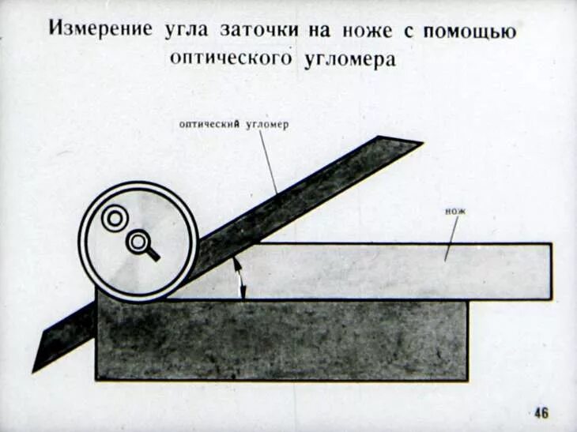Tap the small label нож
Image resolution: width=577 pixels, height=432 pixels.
pos(456,212)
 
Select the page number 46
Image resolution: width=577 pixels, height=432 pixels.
pos(541,412)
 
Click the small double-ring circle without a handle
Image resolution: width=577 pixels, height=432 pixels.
pos(115,218)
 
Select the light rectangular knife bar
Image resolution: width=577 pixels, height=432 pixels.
pos(395,271)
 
